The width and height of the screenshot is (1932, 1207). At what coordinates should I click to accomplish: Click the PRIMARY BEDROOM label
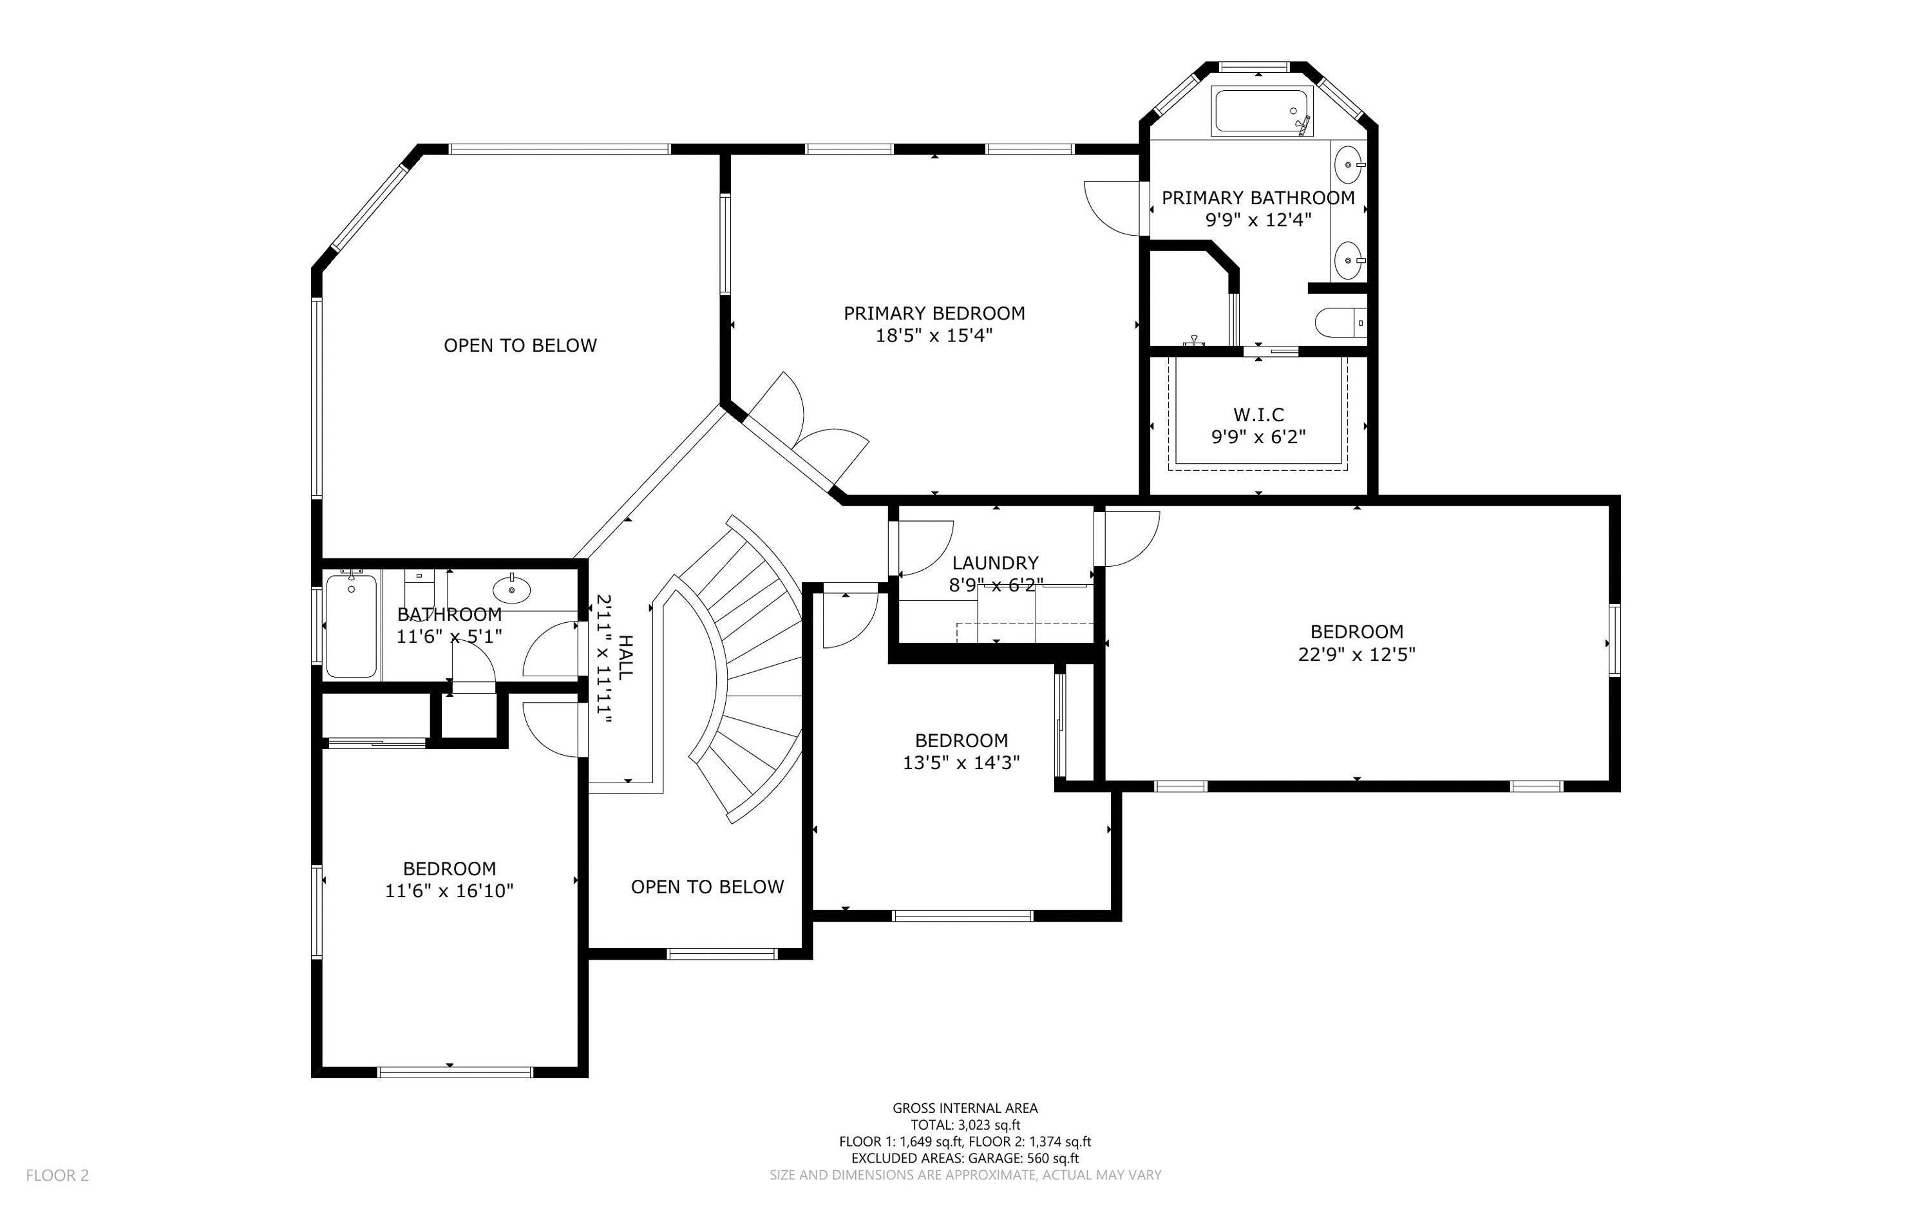click(x=934, y=313)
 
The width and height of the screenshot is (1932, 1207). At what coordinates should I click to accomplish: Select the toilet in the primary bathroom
click(x=1341, y=323)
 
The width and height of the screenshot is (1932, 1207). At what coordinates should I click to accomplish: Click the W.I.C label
click(x=1258, y=414)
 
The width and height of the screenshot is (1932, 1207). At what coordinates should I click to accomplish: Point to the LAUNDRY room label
click(x=995, y=563)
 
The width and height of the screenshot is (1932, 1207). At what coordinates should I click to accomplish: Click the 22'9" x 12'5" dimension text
click(x=1357, y=654)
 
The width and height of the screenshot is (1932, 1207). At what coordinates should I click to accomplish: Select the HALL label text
click(x=627, y=657)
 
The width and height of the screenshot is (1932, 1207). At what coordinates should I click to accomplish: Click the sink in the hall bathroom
click(x=511, y=590)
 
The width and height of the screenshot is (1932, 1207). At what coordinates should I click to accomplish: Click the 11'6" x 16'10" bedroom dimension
click(x=450, y=891)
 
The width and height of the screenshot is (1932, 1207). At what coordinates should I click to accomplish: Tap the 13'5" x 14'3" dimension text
click(x=961, y=763)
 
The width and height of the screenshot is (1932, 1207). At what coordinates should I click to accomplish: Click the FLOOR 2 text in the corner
click(x=57, y=1175)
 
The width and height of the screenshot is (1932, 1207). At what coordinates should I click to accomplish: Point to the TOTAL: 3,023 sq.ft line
click(x=965, y=1125)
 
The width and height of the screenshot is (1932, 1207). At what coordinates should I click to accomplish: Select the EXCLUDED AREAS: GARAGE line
click(x=965, y=1158)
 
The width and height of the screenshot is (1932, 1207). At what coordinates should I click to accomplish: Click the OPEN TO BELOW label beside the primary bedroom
click(x=520, y=346)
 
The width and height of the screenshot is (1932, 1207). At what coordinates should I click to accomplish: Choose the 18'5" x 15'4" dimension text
click(x=934, y=336)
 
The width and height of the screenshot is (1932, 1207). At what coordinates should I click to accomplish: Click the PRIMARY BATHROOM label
click(x=1258, y=197)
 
